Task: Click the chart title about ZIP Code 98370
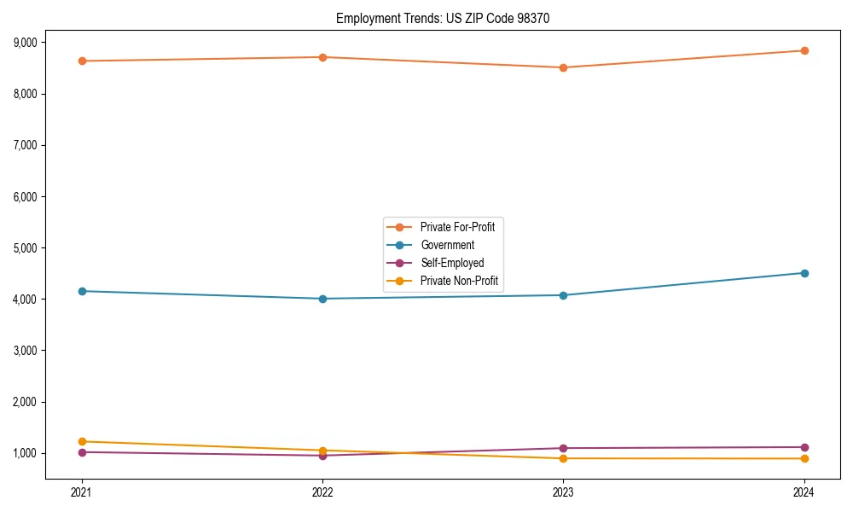click(x=443, y=18)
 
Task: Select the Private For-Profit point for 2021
click(x=82, y=61)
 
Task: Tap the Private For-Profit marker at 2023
click(x=563, y=67)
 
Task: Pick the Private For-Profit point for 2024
click(x=804, y=50)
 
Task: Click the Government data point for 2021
click(x=82, y=291)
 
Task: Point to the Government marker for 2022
click(x=322, y=299)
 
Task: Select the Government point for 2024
click(x=804, y=273)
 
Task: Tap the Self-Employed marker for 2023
click(x=563, y=448)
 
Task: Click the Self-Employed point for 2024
click(x=804, y=447)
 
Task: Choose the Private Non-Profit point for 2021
click(x=82, y=441)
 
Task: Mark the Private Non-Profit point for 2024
click(x=804, y=459)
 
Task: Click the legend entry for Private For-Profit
click(x=457, y=227)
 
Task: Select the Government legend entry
click(x=447, y=245)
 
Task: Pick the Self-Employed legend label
click(x=452, y=263)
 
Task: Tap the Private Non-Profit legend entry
click(x=459, y=281)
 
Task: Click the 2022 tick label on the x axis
click(x=322, y=492)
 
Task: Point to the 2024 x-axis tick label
click(x=804, y=492)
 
